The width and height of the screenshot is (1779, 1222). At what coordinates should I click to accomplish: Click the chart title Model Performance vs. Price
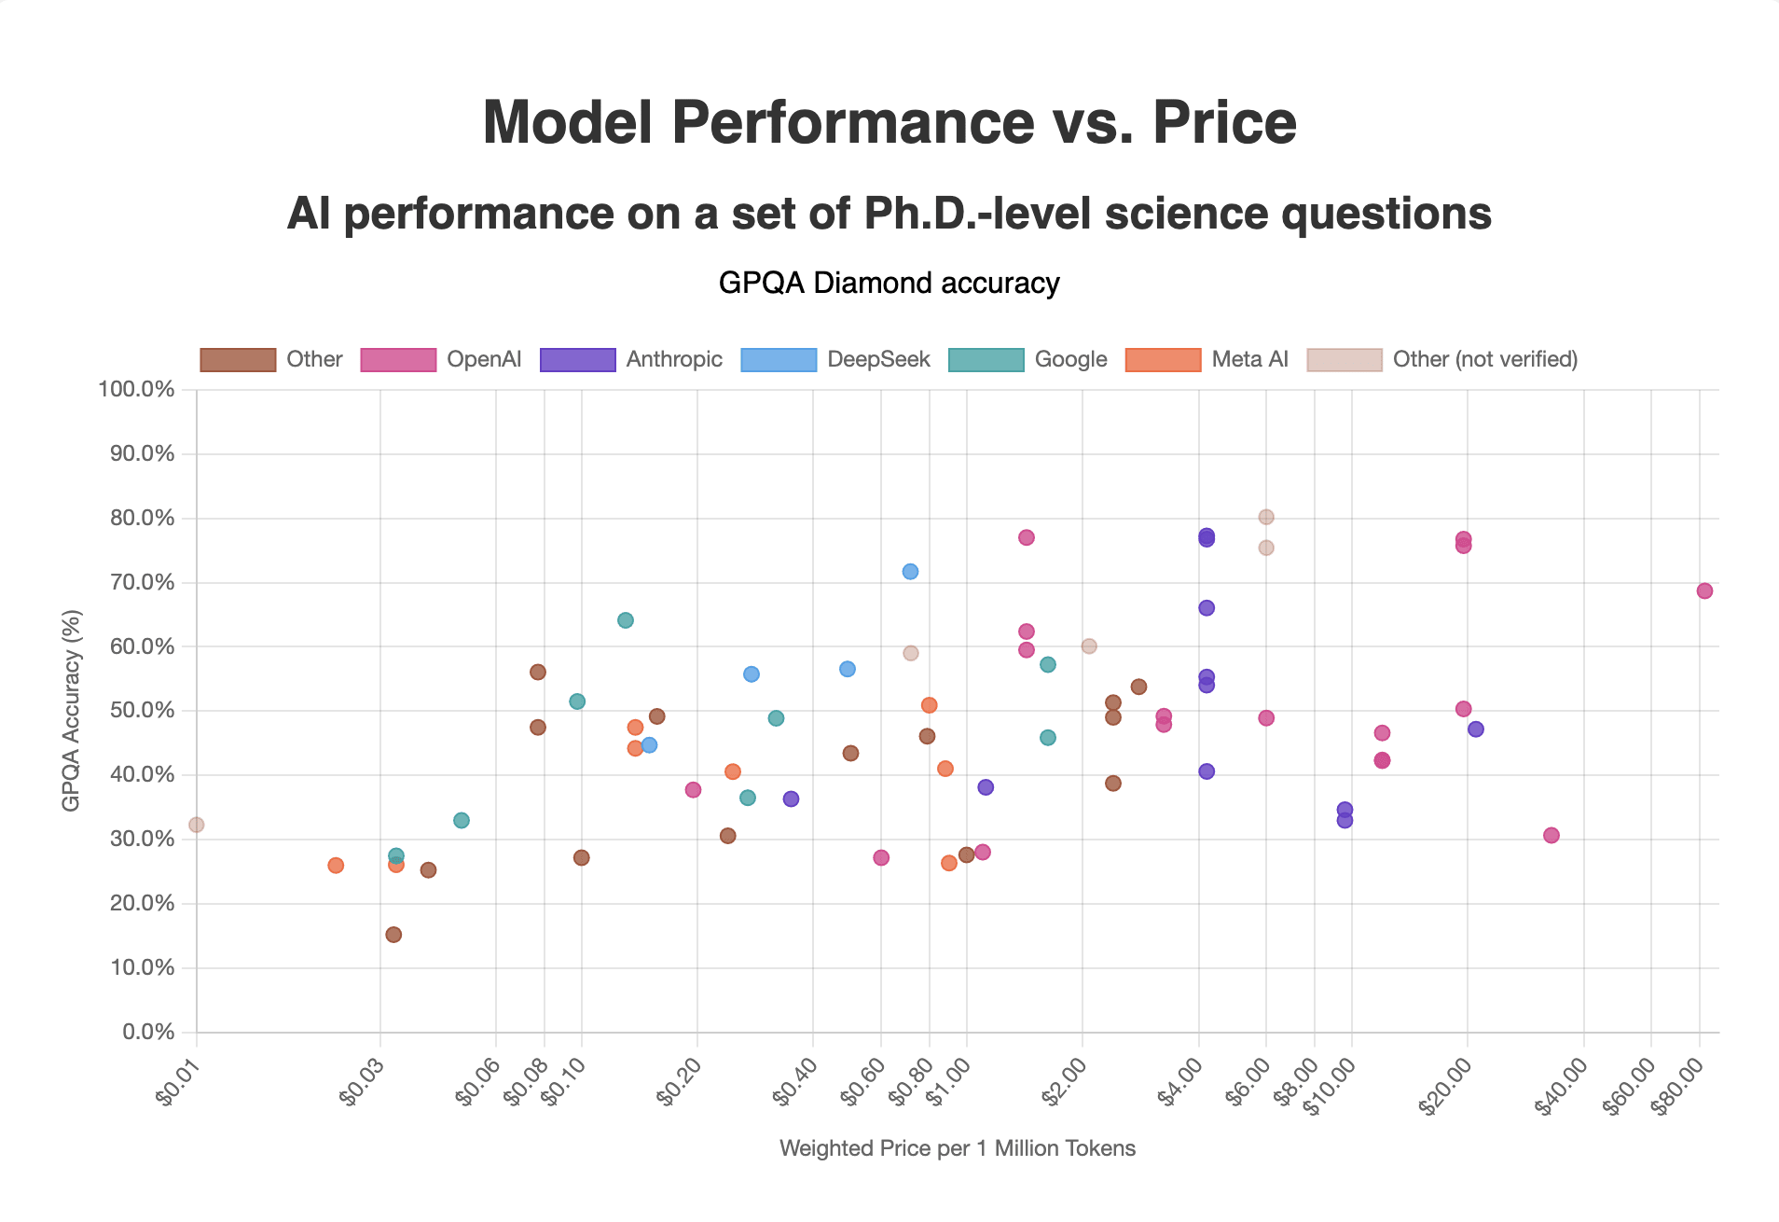tap(889, 122)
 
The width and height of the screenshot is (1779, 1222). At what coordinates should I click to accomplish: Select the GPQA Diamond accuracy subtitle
tap(889, 283)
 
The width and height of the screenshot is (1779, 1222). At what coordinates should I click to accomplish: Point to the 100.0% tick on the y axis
tap(136, 389)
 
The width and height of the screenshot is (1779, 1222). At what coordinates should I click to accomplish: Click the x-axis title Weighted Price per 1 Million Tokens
tap(957, 1148)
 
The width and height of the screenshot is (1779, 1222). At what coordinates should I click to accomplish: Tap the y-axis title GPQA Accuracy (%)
tap(71, 711)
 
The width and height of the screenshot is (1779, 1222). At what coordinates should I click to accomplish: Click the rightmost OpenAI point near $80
tap(1704, 591)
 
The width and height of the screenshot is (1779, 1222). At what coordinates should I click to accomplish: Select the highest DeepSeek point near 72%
tap(910, 572)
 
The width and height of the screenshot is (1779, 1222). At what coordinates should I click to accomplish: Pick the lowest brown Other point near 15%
tap(393, 935)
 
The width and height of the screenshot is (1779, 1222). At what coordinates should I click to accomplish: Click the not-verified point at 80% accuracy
tap(1266, 517)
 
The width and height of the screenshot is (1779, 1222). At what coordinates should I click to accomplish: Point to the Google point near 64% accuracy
tap(626, 620)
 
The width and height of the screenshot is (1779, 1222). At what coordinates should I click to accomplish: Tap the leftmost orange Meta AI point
tap(336, 866)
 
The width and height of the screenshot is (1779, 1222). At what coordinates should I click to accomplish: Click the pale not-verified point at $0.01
tap(196, 825)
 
